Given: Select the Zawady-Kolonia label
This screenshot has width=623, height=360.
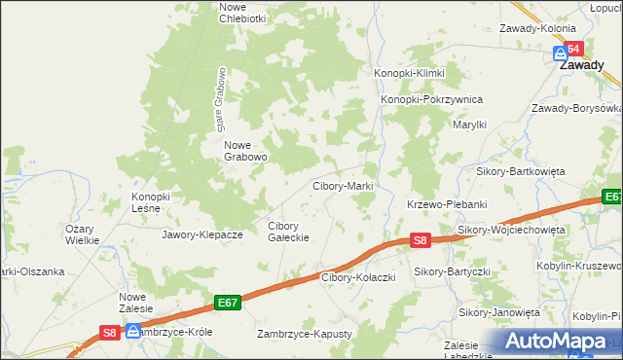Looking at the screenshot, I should [x=538, y=29].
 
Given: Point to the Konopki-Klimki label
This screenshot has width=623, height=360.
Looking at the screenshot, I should [x=410, y=74].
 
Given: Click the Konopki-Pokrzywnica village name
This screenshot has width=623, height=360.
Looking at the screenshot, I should [x=431, y=99].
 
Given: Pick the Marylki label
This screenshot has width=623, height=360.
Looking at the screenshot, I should [x=470, y=125].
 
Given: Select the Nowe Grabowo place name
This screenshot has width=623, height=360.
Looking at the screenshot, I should [x=245, y=150].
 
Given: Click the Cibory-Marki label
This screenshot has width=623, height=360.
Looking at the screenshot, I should [x=343, y=186].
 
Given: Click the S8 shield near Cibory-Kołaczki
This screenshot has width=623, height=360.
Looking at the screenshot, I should [x=419, y=239].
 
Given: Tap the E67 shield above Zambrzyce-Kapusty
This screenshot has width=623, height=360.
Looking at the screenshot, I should [x=228, y=304].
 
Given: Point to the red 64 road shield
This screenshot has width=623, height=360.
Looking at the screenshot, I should [x=574, y=49].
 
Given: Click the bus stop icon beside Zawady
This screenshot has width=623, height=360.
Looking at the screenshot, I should [x=560, y=54].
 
